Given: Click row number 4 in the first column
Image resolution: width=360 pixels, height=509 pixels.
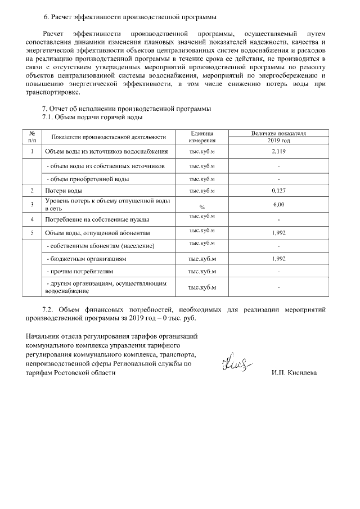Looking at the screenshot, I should tap(32, 219).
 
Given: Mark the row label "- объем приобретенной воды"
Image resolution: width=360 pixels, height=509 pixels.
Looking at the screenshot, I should tap(87, 179).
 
